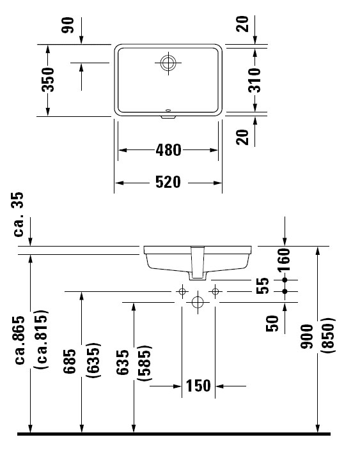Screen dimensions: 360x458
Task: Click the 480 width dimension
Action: point(168,150)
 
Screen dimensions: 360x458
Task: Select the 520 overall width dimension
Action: point(168,182)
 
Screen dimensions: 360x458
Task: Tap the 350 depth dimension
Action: point(48,80)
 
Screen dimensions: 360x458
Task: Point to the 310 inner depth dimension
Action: point(254,80)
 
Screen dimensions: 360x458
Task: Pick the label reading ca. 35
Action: point(19,214)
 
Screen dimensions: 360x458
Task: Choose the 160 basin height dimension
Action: point(284,260)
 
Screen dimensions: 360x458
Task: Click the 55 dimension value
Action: point(262,286)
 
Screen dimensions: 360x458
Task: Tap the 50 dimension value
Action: point(272,324)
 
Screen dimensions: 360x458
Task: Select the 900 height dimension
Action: point(307,337)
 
